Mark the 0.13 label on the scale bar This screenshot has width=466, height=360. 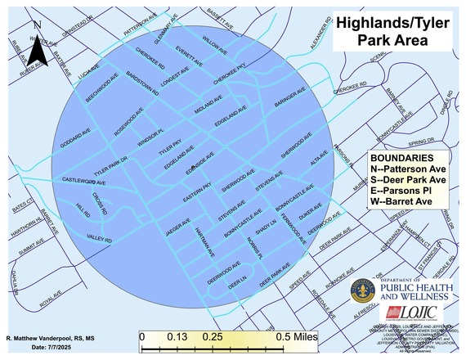click(173, 336)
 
